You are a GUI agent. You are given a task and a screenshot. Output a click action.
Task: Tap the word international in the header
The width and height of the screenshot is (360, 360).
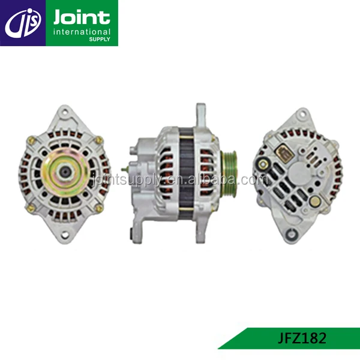point(82,32)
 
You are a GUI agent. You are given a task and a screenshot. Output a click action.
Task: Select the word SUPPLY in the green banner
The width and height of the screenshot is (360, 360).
point(100,39)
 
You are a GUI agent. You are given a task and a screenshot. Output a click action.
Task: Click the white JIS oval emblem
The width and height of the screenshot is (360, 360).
point(23,23)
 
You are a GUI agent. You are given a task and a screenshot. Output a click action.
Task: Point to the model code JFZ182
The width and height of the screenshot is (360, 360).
point(302,338)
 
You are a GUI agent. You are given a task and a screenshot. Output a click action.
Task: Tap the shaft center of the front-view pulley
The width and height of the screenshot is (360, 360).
point(65,171)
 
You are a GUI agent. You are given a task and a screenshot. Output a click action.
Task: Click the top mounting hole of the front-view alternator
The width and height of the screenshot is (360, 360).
point(65,112)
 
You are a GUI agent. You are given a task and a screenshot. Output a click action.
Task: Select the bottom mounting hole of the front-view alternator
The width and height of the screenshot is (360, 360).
point(65,235)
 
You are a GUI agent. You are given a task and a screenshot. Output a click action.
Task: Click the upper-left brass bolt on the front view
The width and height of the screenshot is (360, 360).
point(31,139)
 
